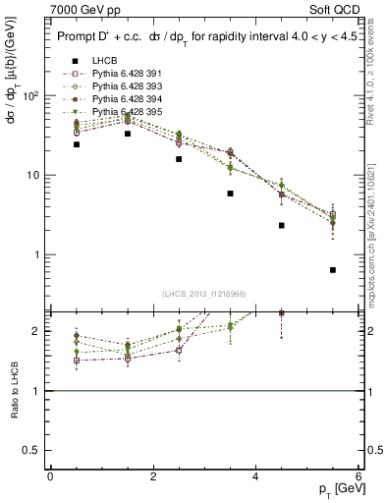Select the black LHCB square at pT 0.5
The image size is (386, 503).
(77, 144)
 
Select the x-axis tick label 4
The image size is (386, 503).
(255, 475)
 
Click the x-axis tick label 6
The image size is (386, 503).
(358, 475)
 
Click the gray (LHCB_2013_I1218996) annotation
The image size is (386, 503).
(203, 294)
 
